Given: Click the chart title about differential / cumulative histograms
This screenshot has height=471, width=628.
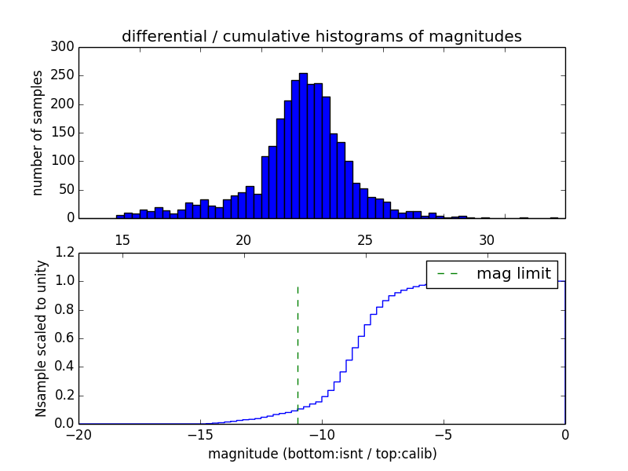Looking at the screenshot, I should coord(322,36).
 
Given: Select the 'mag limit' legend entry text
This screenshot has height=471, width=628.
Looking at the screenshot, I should coord(513,274).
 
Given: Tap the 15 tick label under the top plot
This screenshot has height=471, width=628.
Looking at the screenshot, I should coord(122,240).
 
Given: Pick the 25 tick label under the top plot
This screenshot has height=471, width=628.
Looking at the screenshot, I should coord(364,240).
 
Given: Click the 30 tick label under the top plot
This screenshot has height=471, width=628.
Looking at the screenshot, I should coord(486,240).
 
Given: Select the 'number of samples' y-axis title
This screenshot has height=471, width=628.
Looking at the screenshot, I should coord(38,133).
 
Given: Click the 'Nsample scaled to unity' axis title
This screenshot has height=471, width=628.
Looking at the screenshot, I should coord(41,338).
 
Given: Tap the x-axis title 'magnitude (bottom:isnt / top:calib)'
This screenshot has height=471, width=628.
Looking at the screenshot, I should coord(322,454).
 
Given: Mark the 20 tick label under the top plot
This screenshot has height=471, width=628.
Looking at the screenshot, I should coord(243,240).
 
